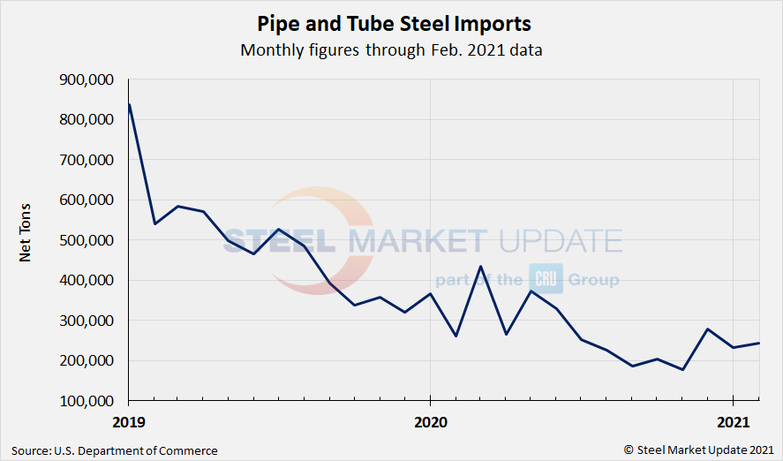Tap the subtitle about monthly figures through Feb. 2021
[x=391, y=49]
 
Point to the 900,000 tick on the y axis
[x=87, y=79]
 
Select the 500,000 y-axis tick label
[x=87, y=240]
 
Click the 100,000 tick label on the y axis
[x=87, y=401]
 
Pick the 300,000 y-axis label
[x=87, y=321]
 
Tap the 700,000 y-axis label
[x=87, y=160]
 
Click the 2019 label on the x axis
[x=129, y=422]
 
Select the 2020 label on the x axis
[x=430, y=422]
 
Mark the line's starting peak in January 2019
[x=130, y=105]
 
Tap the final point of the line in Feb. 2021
[x=758, y=343]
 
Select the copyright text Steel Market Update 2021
[x=703, y=450]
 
